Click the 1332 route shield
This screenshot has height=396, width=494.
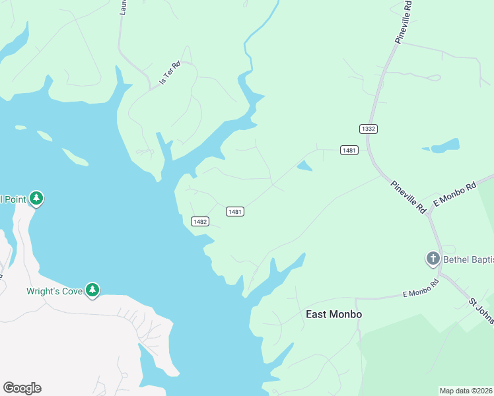(369, 128)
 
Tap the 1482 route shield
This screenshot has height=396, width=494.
(201, 222)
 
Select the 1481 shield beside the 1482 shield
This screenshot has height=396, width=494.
(235, 211)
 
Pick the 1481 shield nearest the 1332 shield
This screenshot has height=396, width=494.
(349, 150)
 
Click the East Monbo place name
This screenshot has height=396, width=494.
(334, 314)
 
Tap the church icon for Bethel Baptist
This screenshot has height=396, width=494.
(433, 258)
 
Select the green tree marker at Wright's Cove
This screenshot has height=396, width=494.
(93, 290)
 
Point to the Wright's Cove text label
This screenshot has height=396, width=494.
(54, 290)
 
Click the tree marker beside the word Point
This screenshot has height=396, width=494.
(37, 198)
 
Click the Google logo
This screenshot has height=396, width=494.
(22, 388)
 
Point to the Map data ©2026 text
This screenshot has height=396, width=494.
(466, 391)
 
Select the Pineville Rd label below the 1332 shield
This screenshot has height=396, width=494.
(407, 197)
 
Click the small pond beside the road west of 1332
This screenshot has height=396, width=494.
(304, 166)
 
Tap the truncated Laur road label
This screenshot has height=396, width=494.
(123, 7)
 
